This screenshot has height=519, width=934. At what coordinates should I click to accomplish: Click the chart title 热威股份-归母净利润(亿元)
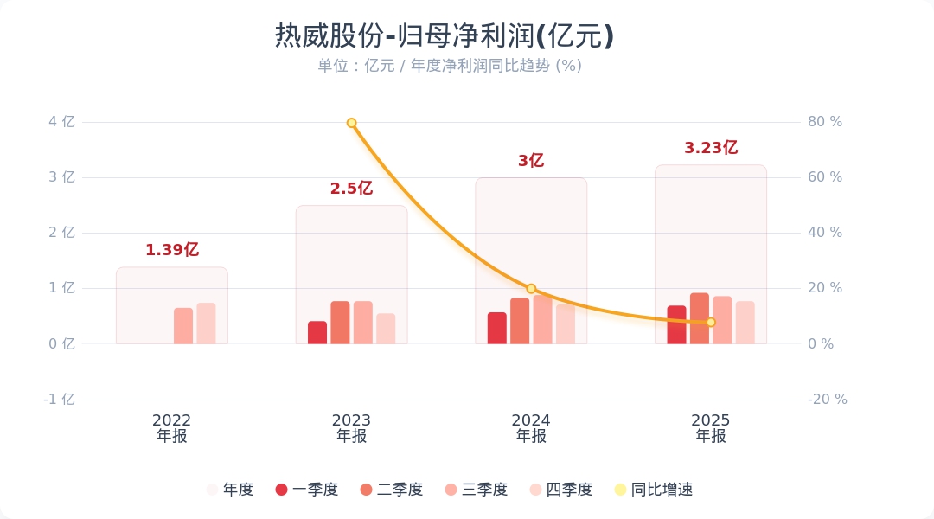pyautogui.click(x=445, y=36)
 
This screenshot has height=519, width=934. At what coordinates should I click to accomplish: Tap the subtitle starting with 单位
pyautogui.click(x=449, y=66)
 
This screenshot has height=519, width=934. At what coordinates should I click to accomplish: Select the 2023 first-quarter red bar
pyautogui.click(x=317, y=333)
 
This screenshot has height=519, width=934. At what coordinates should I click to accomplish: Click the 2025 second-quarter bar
pyautogui.click(x=700, y=318)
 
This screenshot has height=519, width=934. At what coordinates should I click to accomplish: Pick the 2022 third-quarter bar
pyautogui.click(x=183, y=326)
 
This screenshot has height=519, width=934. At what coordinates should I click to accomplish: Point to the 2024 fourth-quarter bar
pyautogui.click(x=566, y=324)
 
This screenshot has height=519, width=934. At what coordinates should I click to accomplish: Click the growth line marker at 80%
pyautogui.click(x=352, y=123)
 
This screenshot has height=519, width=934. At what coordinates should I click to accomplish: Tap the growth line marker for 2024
pyautogui.click(x=531, y=289)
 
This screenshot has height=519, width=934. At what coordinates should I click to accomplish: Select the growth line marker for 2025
pyautogui.click(x=711, y=322)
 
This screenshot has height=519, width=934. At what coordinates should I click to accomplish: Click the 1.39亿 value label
pyautogui.click(x=172, y=250)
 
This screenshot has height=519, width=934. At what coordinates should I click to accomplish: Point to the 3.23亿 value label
pyautogui.click(x=711, y=148)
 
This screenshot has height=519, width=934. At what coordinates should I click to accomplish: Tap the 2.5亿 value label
pyautogui.click(x=351, y=189)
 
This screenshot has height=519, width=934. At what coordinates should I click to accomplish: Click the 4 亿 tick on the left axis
pyautogui.click(x=62, y=122)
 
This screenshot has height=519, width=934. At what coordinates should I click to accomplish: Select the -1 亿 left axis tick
pyautogui.click(x=60, y=400)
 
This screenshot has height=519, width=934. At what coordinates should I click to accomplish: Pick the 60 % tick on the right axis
pyautogui.click(x=824, y=177)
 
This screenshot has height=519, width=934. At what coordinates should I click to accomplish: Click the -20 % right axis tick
pyautogui.click(x=827, y=400)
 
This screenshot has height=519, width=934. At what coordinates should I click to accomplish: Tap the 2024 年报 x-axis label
pyautogui.click(x=531, y=428)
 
